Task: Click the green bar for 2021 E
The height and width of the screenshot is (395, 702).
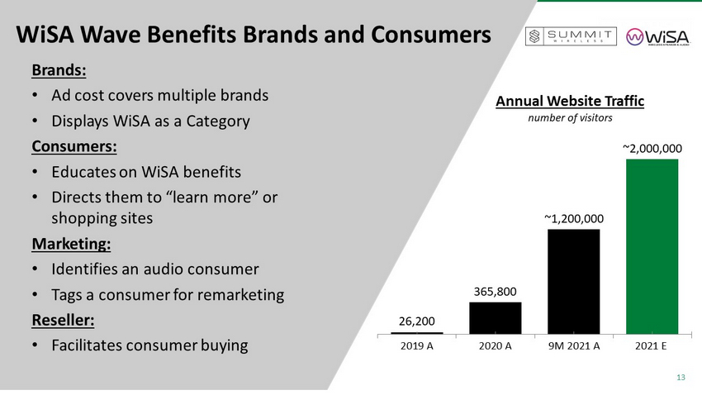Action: pyautogui.click(x=652, y=245)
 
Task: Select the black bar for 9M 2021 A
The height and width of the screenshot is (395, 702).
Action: pyautogui.click(x=573, y=281)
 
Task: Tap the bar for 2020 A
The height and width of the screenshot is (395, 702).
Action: pyautogui.click(x=495, y=317)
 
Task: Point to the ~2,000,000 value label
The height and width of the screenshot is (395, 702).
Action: pyautogui.click(x=652, y=148)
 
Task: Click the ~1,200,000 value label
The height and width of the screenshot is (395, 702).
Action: pyautogui.click(x=573, y=219)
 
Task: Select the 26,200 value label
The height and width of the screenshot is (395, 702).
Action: pyautogui.click(x=416, y=320)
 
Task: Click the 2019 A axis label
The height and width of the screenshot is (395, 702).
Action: pyautogui.click(x=416, y=345)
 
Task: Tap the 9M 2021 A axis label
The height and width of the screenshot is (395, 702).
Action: pyautogui.click(x=573, y=345)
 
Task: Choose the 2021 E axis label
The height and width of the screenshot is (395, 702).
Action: pyautogui.click(x=652, y=345)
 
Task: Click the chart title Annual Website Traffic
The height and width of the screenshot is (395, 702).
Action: pyautogui.click(x=569, y=102)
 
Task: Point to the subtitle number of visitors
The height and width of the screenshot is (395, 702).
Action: pyautogui.click(x=570, y=119)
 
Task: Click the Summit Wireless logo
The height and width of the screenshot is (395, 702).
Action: pyautogui.click(x=571, y=37)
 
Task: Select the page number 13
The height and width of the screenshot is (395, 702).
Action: pyautogui.click(x=681, y=378)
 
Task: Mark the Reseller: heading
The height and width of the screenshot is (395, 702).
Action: pyautogui.click(x=65, y=320)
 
